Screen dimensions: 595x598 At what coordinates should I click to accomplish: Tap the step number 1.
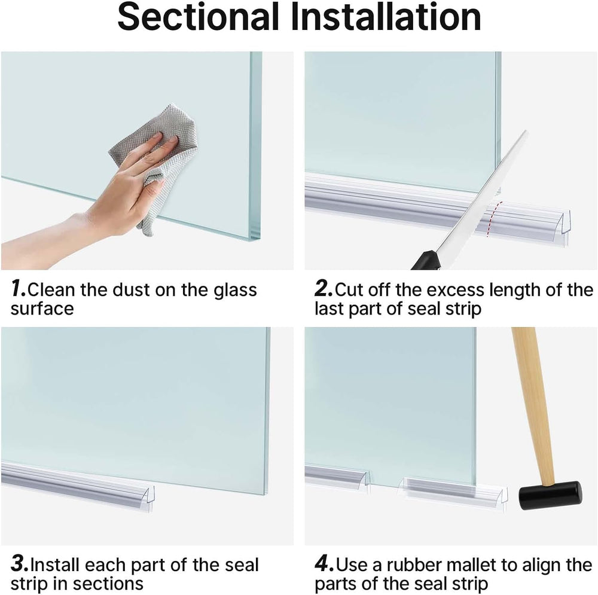[x=18, y=290]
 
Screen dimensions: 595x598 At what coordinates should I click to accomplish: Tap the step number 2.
[x=323, y=290]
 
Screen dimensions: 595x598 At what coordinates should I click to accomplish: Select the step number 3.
[x=19, y=565]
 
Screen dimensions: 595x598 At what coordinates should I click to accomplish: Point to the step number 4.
[x=324, y=565]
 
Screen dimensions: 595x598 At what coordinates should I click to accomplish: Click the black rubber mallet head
[x=550, y=496]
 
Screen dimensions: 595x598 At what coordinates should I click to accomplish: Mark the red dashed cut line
[x=492, y=219]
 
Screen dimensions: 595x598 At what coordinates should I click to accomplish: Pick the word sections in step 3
[x=107, y=583]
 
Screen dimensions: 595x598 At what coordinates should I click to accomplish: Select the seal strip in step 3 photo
[x=78, y=484]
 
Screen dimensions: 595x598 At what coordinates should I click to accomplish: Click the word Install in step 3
[x=57, y=565]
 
